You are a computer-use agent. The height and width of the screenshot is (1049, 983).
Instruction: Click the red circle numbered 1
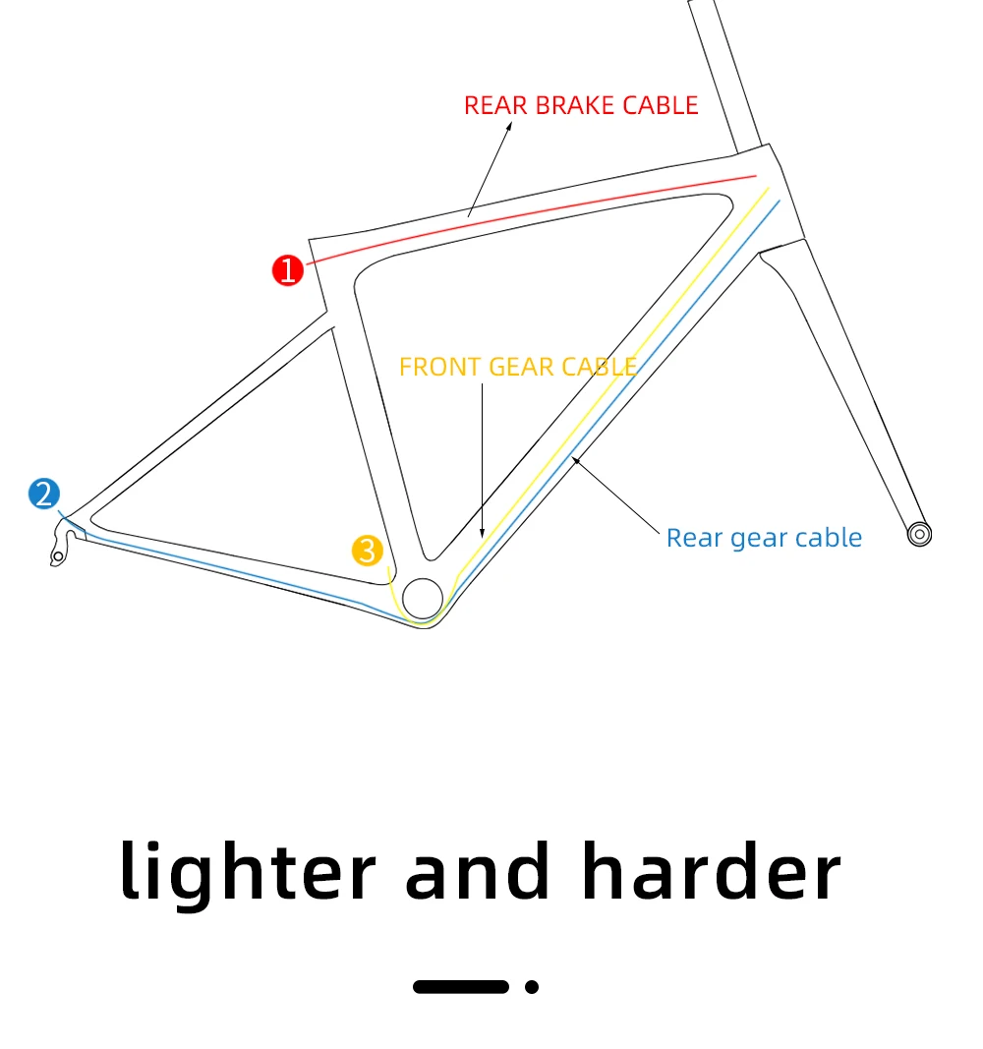[x=287, y=269]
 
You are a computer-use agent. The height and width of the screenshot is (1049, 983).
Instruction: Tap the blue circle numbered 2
[x=44, y=494]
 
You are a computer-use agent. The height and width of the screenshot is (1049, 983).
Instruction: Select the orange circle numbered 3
[x=367, y=551]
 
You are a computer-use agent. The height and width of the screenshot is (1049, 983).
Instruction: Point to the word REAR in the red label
[x=493, y=106]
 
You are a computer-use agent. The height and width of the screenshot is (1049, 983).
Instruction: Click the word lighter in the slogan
[x=248, y=873]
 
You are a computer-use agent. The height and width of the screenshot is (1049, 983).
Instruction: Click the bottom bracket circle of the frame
[x=423, y=596]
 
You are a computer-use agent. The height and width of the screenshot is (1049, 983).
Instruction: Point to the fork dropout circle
[x=919, y=534]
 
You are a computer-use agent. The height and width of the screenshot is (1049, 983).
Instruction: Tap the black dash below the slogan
[x=460, y=986]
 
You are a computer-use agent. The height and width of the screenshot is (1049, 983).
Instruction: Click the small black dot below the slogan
[x=532, y=986]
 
